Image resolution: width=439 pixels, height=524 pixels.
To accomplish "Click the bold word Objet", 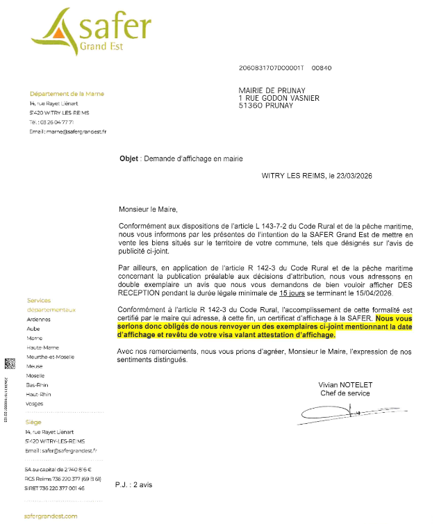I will pos(129,158).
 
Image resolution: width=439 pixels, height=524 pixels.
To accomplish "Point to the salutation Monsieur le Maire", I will pos(147,208).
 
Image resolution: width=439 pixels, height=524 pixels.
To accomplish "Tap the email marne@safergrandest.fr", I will pos(67,131).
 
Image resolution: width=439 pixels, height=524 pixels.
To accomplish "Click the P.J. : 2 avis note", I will pos(133,484).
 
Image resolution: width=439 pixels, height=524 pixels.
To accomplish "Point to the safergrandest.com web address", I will pos(51,516).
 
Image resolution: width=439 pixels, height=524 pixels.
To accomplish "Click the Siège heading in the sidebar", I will pos(34,421).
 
